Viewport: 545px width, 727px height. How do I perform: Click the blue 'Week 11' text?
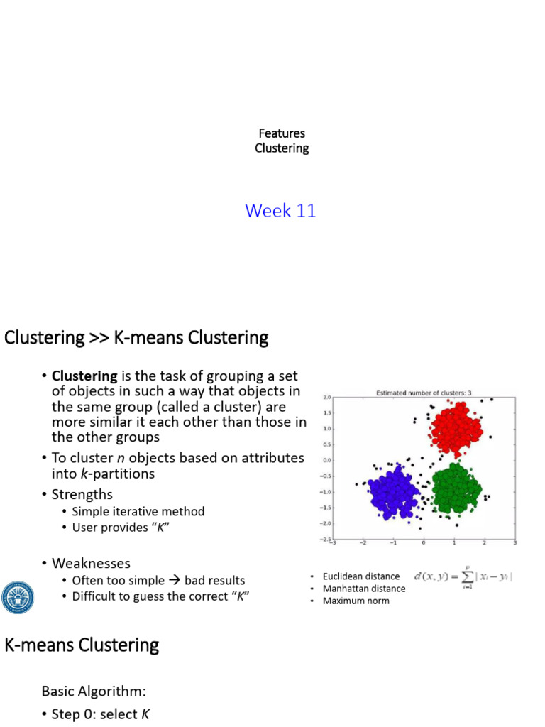pos(280,211)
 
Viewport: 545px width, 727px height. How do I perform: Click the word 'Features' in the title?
pos(282,133)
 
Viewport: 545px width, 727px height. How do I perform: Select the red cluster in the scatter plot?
pos(456,430)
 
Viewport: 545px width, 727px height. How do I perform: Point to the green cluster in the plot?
pos(456,488)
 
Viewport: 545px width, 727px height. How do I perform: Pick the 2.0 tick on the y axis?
pos(326,398)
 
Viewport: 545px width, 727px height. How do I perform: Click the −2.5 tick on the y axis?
pos(326,540)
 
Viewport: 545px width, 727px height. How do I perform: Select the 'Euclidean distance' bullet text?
pos(360,576)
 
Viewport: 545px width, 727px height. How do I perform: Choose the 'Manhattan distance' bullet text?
pos(363,589)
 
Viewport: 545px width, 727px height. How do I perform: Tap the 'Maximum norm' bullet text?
pos(356,601)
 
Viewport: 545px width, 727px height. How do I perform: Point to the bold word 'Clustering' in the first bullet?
pos(84,376)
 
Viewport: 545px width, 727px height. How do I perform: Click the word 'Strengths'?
pos(82,494)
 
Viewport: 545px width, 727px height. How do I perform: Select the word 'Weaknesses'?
pos(91,563)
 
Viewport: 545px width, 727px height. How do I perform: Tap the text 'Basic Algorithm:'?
pos(94,691)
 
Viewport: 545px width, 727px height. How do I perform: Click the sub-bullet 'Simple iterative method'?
pos(138,511)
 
